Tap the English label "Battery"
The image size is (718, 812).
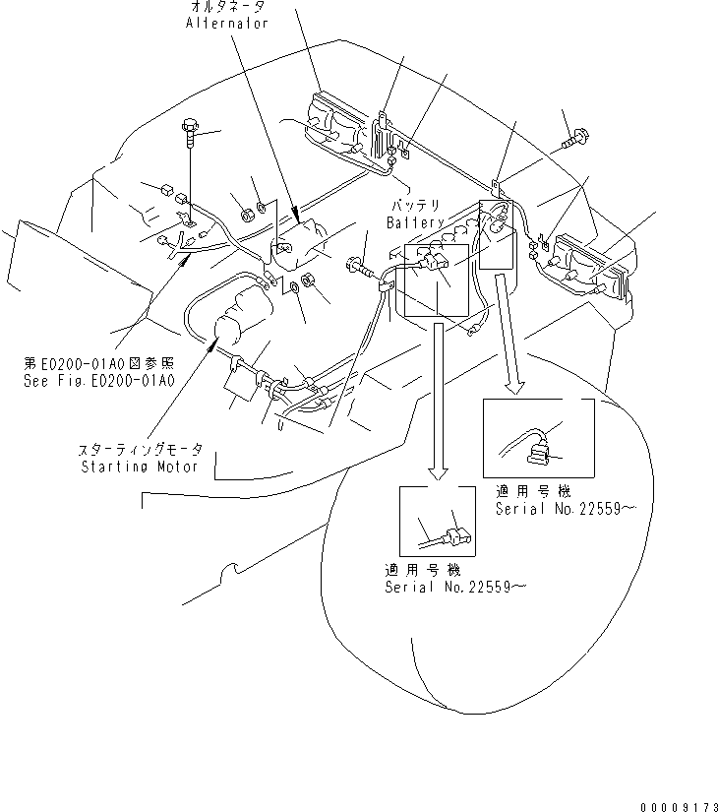pyautogui.click(x=414, y=223)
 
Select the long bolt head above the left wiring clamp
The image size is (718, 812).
pyautogui.click(x=189, y=128)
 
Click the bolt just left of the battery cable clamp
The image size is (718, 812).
pyautogui.click(x=356, y=265)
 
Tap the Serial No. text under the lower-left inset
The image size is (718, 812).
pyautogui.click(x=454, y=586)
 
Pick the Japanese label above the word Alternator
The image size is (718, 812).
pyautogui.click(x=227, y=6)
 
